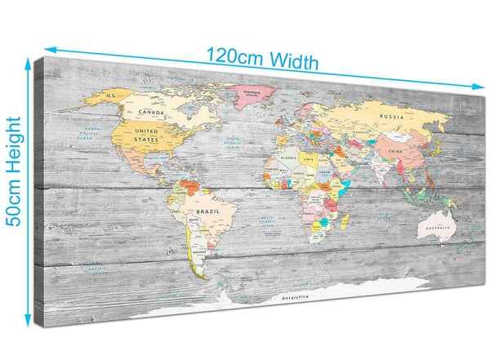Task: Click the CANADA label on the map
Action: [x=154, y=112]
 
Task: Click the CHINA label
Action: [x=394, y=152]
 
